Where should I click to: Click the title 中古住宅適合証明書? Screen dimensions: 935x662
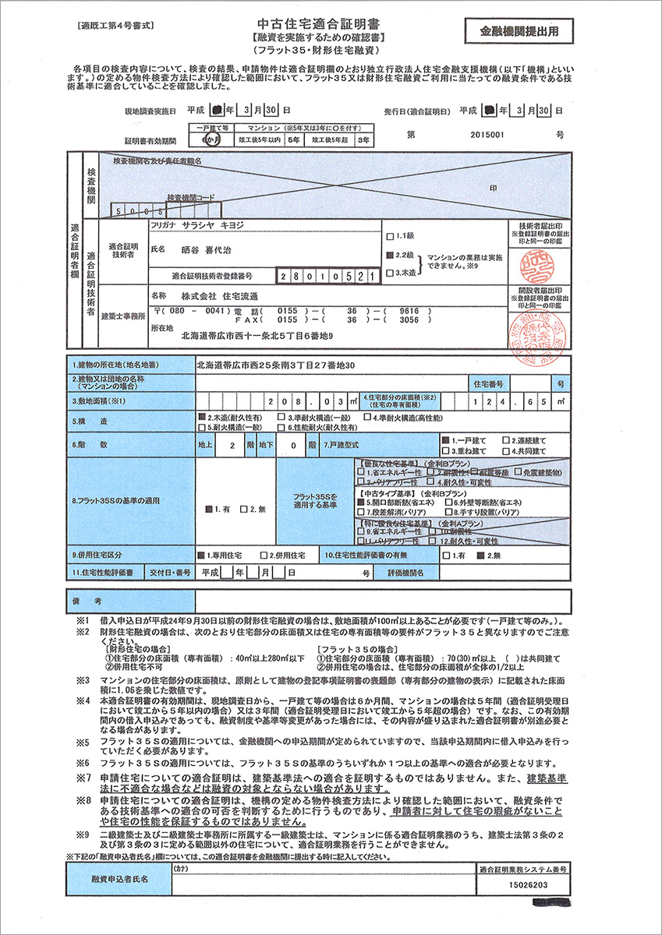[x=331, y=25]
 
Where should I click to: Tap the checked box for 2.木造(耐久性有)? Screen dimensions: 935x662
[x=201, y=418]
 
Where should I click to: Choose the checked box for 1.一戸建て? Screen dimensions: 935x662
[x=445, y=440]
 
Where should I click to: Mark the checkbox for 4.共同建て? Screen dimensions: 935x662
[x=506, y=451]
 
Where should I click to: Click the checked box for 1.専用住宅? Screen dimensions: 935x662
[x=201, y=556]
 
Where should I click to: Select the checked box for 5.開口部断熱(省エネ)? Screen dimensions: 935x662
[x=361, y=503]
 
